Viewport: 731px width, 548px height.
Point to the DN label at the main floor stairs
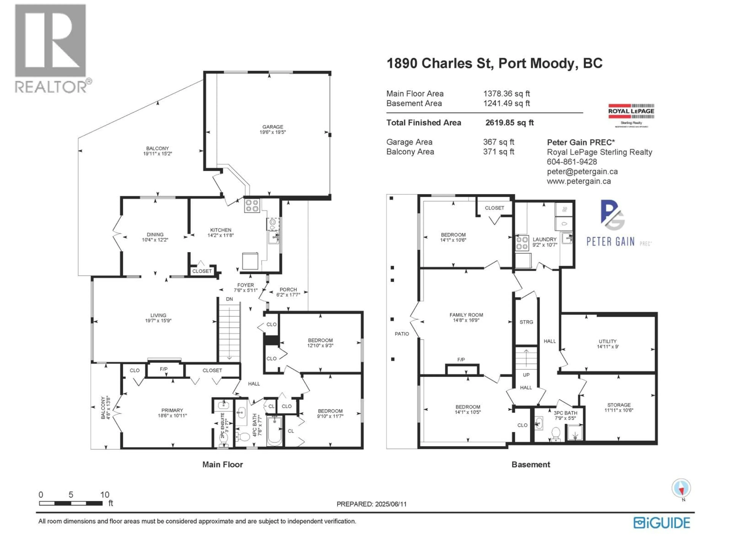[x=229, y=299]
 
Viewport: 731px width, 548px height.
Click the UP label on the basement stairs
[x=526, y=375]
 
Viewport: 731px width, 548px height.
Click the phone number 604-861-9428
[x=572, y=162]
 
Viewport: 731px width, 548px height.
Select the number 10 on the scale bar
[x=105, y=495]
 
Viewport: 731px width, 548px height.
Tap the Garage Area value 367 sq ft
[x=498, y=142]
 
